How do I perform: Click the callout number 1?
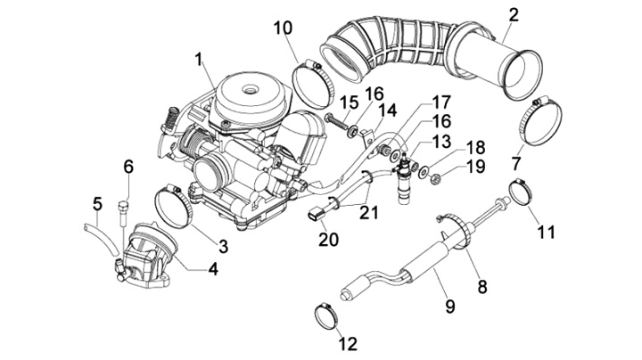click(199, 60)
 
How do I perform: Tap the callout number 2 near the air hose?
click(514, 15)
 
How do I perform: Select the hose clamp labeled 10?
click(313, 85)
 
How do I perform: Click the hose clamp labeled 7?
click(540, 121)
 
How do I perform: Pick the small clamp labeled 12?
click(326, 316)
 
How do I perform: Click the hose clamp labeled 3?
click(174, 207)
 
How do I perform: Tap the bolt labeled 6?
click(124, 211)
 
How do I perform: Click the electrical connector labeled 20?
click(316, 213)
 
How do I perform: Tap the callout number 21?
click(368, 212)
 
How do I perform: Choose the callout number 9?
click(450, 305)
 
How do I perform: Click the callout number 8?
click(482, 287)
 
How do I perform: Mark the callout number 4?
click(213, 269)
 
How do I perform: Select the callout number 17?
click(441, 102)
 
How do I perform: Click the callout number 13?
click(441, 141)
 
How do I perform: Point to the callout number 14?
click(387, 110)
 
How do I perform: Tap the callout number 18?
click(475, 148)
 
